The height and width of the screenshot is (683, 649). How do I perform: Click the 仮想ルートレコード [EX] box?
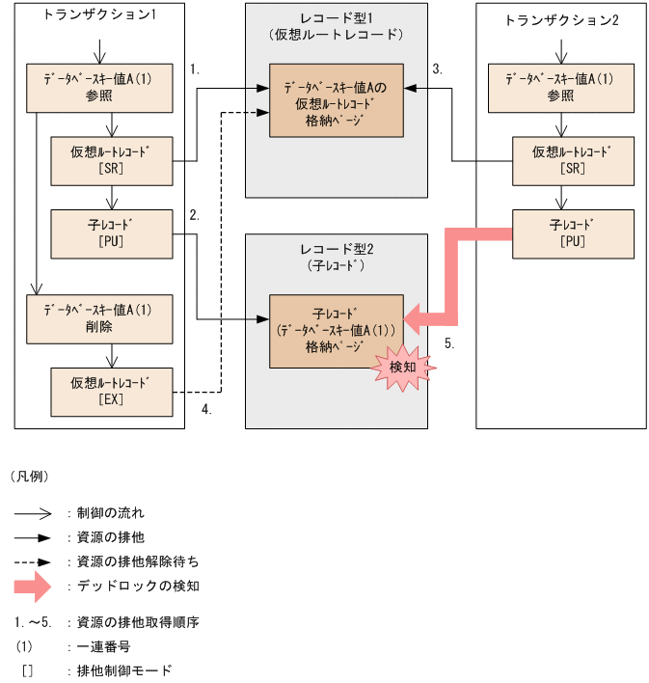pos(110,391)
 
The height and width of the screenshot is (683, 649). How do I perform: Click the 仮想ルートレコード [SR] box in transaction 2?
pos(572,159)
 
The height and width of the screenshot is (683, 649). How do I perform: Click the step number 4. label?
pos(206,408)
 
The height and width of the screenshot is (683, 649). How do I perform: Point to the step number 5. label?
pos(449,342)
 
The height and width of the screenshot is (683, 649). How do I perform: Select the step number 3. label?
pos(437,69)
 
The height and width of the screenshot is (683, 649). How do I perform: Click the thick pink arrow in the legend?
pos(37,586)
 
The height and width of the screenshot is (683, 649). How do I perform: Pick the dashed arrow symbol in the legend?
pos(37,560)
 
